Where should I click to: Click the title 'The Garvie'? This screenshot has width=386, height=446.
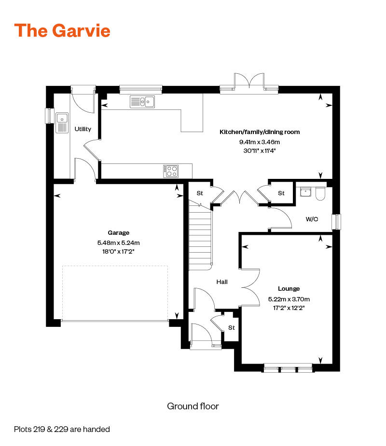(x=62, y=30)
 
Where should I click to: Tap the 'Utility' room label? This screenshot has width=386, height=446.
(x=83, y=129)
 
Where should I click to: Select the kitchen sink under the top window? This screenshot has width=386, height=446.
(x=142, y=101)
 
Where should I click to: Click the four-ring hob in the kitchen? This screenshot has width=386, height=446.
(x=172, y=170)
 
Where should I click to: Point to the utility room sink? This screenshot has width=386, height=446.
(x=62, y=122)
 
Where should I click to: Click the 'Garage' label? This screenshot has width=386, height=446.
(x=118, y=232)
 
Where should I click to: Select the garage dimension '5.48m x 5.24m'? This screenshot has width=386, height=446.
(x=118, y=243)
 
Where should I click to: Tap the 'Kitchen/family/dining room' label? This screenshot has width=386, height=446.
(x=260, y=132)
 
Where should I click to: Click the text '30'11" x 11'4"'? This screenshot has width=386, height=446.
(x=260, y=151)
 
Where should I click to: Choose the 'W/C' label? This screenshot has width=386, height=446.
(x=312, y=219)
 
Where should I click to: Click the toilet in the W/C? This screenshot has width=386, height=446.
(x=320, y=194)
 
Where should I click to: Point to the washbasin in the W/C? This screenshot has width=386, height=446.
(x=305, y=193)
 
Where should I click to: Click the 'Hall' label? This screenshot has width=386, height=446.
(x=222, y=282)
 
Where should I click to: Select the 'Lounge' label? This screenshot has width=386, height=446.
(x=289, y=289)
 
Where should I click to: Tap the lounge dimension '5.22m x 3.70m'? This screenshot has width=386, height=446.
(x=289, y=299)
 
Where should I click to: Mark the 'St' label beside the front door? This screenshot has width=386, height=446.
(x=231, y=327)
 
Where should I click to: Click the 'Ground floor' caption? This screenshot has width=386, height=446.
(x=193, y=406)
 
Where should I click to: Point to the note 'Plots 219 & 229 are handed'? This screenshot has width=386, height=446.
(x=62, y=429)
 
